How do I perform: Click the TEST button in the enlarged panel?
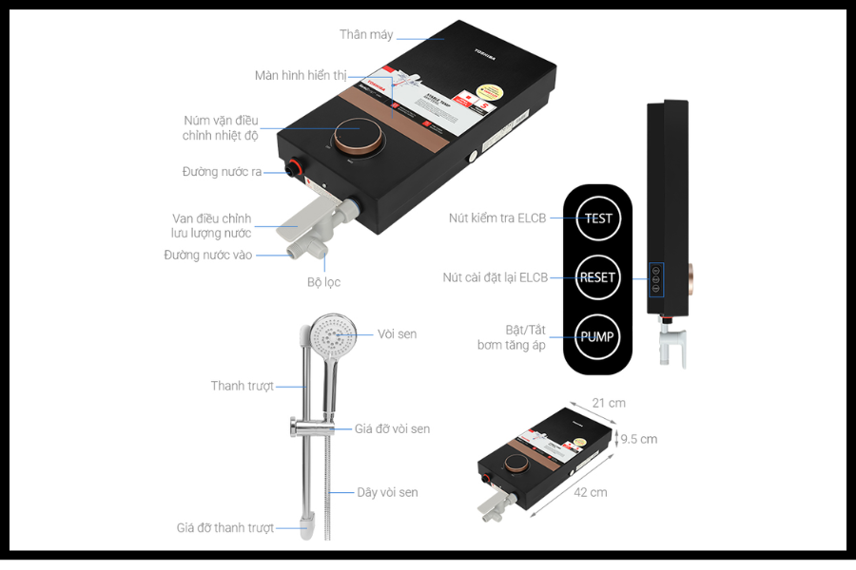tap(598, 218)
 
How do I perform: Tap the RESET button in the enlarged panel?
tap(598, 277)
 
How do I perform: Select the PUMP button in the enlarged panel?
tap(598, 336)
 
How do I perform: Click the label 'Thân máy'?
tap(366, 35)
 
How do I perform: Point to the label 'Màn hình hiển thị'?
tap(301, 75)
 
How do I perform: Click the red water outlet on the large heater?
tap(294, 171)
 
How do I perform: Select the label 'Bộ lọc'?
tap(323, 282)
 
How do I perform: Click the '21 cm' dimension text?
tap(609, 403)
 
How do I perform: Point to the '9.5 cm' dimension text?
tap(637, 439)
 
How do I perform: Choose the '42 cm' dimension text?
tap(590, 492)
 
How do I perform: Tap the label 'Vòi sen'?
tap(397, 333)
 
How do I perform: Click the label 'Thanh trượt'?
tap(243, 386)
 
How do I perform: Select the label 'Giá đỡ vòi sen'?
tap(392, 428)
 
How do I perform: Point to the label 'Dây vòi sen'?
tap(387, 492)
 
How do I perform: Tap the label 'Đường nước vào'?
tap(208, 255)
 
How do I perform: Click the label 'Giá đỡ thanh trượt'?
tap(225, 527)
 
